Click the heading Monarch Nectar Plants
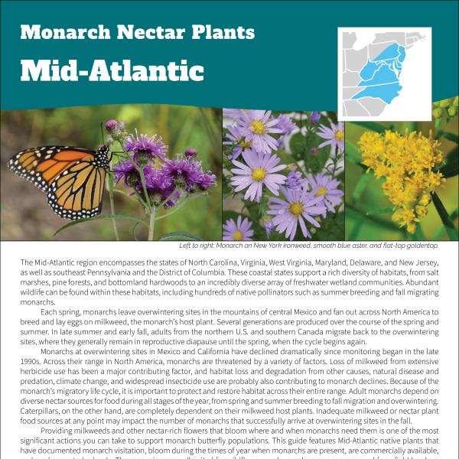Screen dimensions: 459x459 point(137,32)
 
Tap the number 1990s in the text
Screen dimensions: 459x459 point(33,363)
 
